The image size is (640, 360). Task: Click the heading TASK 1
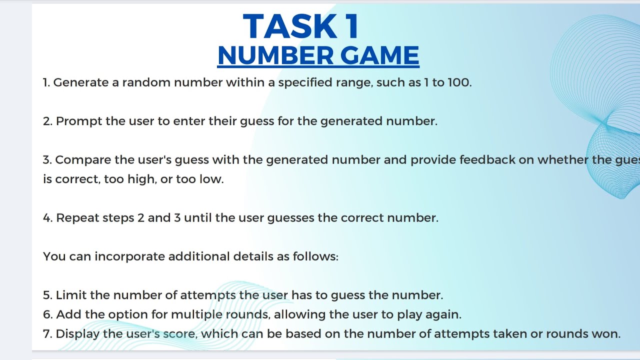pyautogui.click(x=301, y=26)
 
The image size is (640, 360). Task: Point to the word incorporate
pyautogui.click(x=130, y=256)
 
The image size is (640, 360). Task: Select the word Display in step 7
pyautogui.click(x=77, y=334)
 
